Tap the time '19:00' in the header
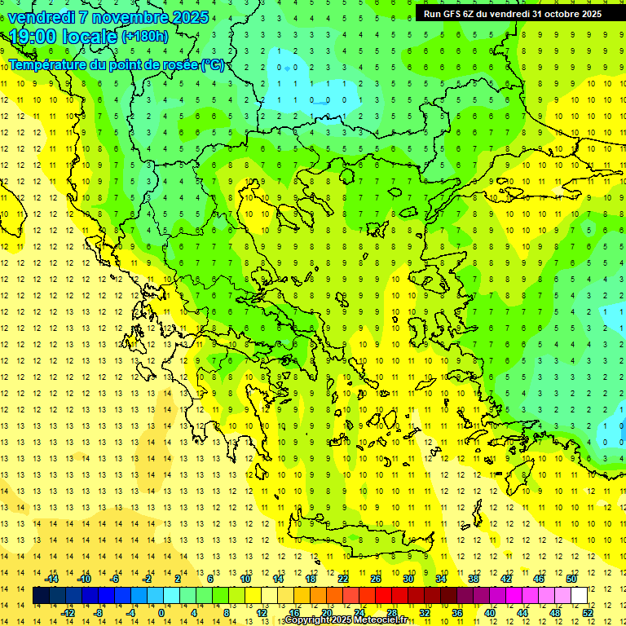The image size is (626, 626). point(33,36)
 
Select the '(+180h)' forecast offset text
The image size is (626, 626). point(145,37)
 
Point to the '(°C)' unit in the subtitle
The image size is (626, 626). point(213,64)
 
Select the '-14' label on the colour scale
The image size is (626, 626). point(51,579)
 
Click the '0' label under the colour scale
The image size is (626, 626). point(161,613)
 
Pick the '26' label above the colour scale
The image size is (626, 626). point(376,579)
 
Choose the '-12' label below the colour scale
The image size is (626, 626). point(68,613)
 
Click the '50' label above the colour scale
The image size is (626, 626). point(571,579)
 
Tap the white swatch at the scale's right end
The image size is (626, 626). point(579,596)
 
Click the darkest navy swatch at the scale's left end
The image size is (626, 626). point(42,596)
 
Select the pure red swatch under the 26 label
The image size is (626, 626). point(383,596)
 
